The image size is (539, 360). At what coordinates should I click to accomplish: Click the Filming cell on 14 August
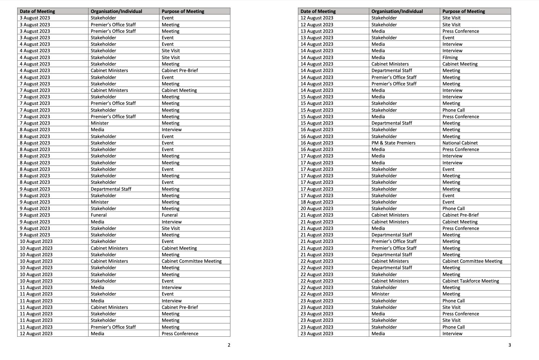450,58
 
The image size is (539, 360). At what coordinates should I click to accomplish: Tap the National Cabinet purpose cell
460,143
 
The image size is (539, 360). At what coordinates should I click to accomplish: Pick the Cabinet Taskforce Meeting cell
471,281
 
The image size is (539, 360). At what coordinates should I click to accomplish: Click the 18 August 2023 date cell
317,202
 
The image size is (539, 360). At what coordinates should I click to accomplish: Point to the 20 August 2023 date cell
317,209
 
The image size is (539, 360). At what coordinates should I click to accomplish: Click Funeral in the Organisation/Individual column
99,215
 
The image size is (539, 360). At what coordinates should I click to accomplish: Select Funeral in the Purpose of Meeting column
170,215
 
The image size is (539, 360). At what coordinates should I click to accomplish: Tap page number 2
229,345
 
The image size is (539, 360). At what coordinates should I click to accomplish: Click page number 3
510,345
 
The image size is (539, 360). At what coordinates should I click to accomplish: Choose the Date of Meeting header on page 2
37,11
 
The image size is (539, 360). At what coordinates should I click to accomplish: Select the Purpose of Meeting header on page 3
463,11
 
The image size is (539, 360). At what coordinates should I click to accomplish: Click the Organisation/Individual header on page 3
397,11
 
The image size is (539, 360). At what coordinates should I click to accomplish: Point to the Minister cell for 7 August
100,123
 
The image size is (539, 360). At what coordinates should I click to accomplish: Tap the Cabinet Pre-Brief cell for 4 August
180,71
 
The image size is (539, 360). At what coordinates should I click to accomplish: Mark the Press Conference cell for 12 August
180,334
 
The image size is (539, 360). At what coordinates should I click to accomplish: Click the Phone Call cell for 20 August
454,209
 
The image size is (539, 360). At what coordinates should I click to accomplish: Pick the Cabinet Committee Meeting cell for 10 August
191,261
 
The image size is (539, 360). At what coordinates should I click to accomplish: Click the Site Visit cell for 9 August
171,228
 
